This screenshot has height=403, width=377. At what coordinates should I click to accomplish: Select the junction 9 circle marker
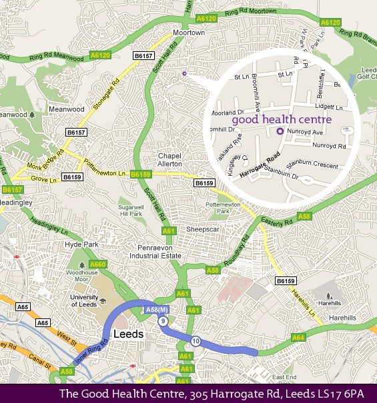tap(162, 321)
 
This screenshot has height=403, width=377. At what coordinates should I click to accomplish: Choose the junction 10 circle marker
tap(195, 342)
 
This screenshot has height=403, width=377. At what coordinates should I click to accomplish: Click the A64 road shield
tap(298, 338)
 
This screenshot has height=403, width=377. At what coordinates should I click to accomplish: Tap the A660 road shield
tap(98, 265)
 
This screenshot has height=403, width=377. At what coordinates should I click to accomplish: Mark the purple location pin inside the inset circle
tap(280, 131)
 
